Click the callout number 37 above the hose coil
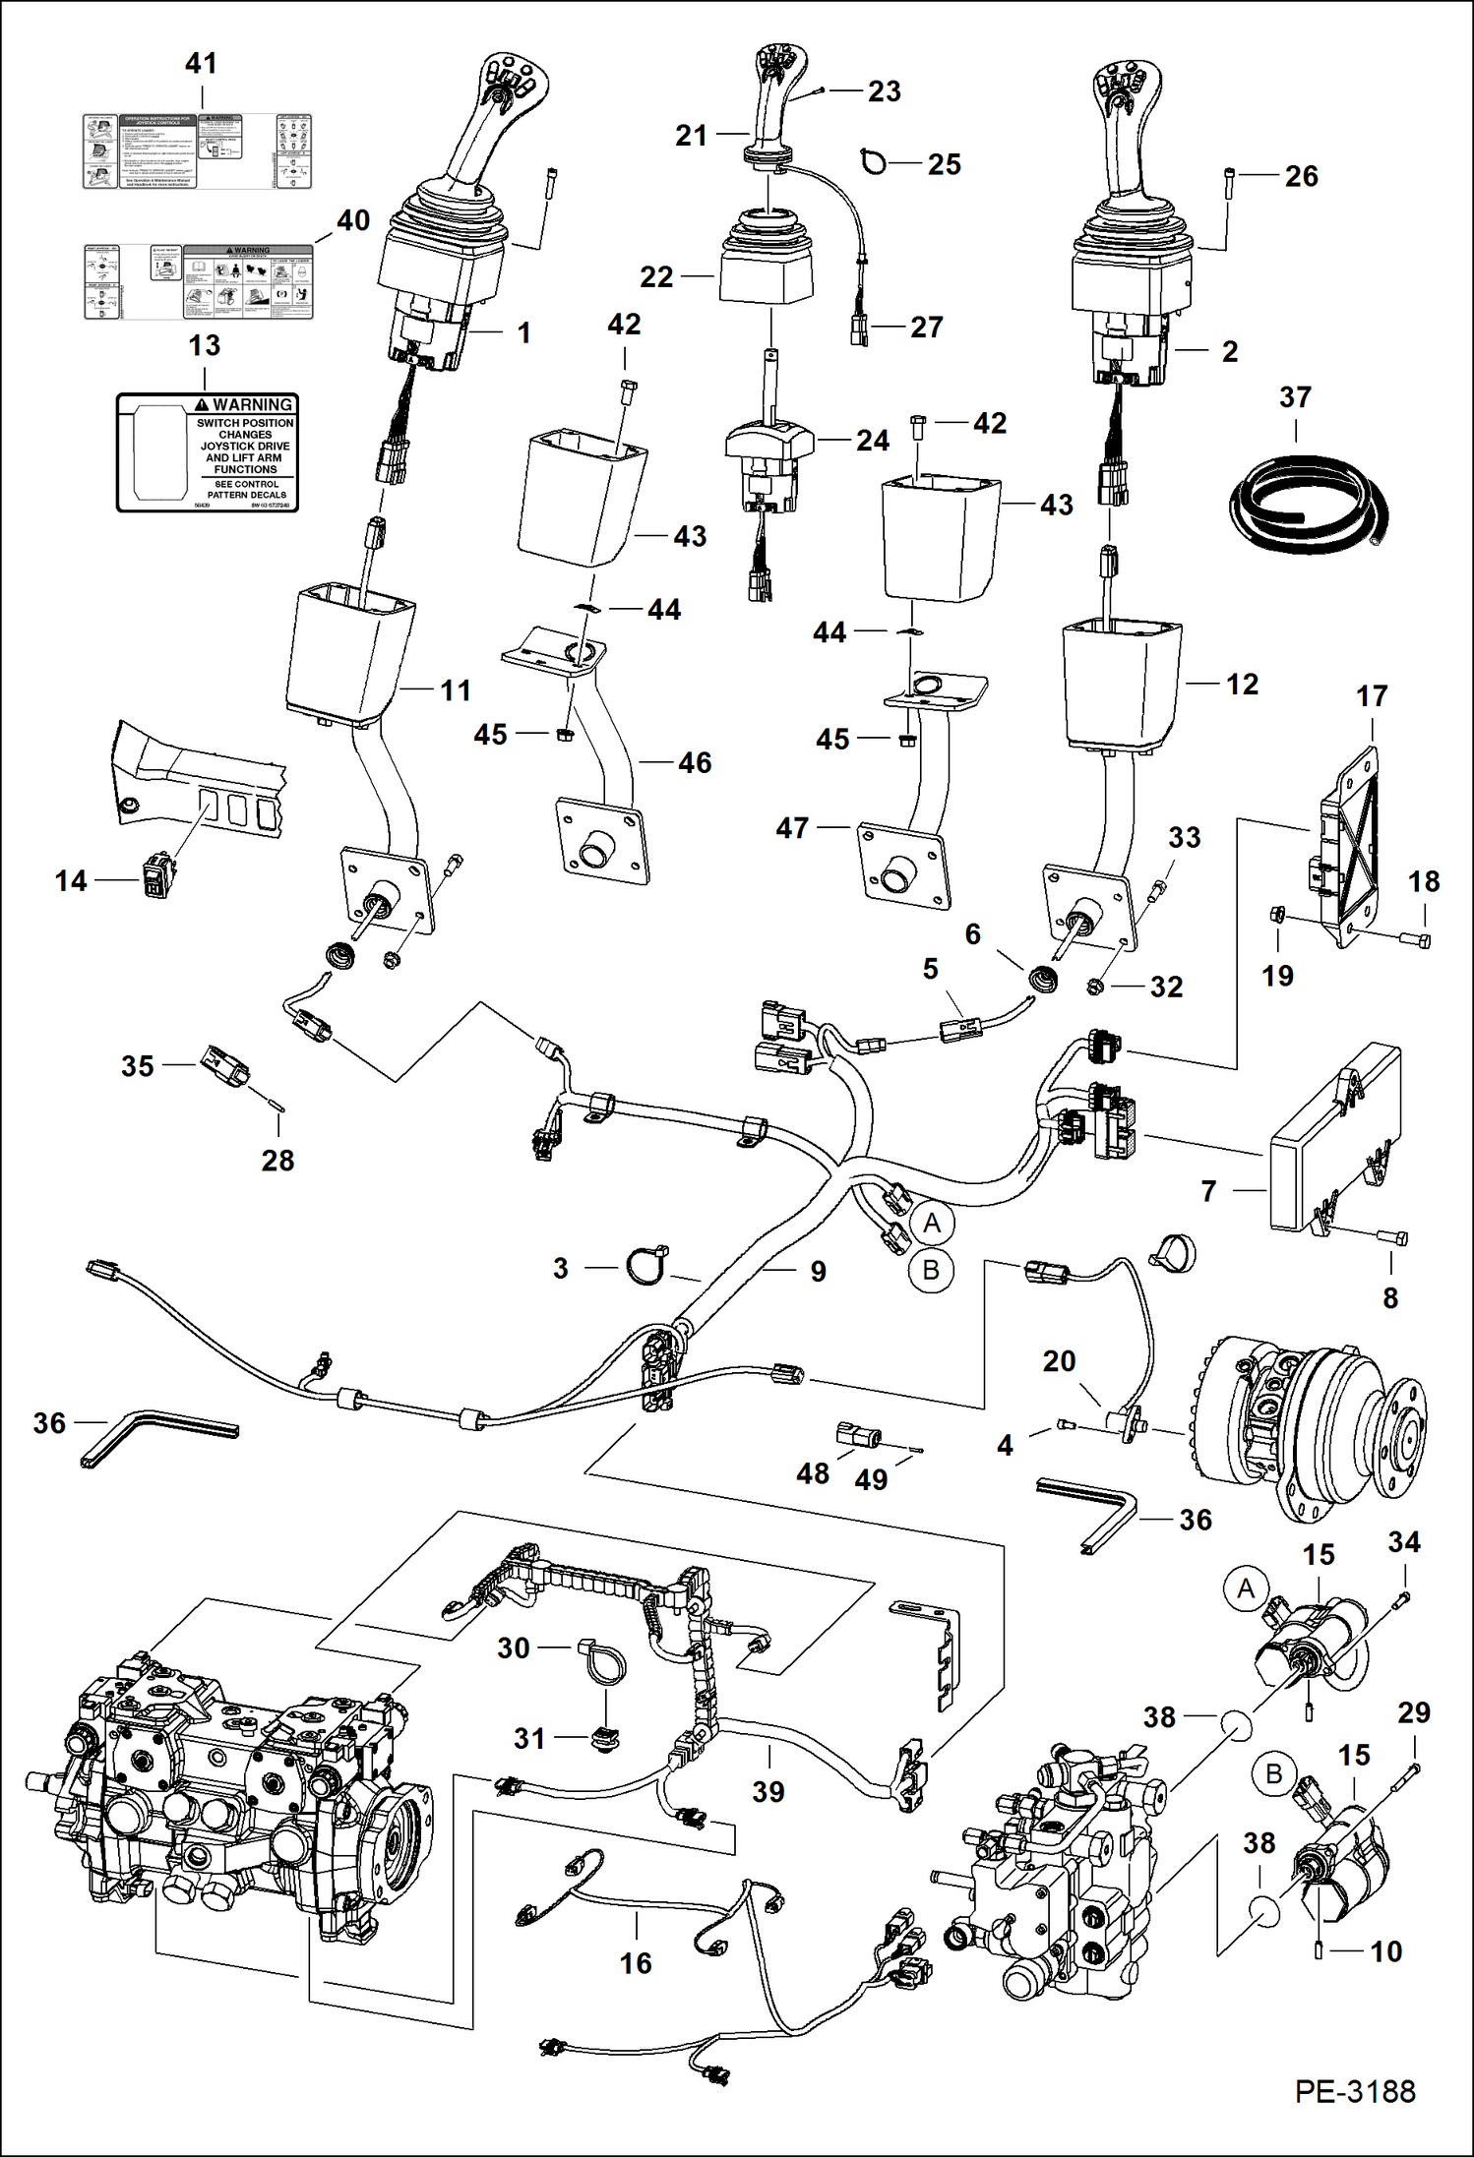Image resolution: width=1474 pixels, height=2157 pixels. pyautogui.click(x=1295, y=397)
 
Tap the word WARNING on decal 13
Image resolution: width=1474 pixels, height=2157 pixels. pyautogui.click(x=253, y=404)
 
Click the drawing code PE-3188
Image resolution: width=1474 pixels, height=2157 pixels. pyautogui.click(x=1355, y=2091)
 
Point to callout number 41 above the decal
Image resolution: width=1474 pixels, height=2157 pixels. pyautogui.click(x=201, y=64)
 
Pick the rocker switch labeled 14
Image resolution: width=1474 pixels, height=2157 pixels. pyautogui.click(x=156, y=877)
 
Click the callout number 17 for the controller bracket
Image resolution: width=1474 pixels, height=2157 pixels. pyautogui.click(x=1372, y=696)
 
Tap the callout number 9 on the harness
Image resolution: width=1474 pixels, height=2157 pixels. pyautogui.click(x=818, y=1272)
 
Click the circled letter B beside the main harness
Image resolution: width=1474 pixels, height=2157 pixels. pyautogui.click(x=931, y=1270)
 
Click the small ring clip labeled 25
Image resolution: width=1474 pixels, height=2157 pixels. pyautogui.click(x=873, y=161)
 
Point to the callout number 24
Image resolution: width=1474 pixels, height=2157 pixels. pyautogui.click(x=872, y=440)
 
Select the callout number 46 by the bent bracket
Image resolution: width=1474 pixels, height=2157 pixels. pyautogui.click(x=694, y=762)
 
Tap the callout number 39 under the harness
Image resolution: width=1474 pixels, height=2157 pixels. pyautogui.click(x=768, y=1792)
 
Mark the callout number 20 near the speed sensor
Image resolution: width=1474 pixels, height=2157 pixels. pyautogui.click(x=1059, y=1361)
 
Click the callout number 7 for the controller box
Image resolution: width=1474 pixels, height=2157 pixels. pyautogui.click(x=1208, y=1191)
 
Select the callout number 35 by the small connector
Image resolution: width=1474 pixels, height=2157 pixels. pyautogui.click(x=137, y=1066)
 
